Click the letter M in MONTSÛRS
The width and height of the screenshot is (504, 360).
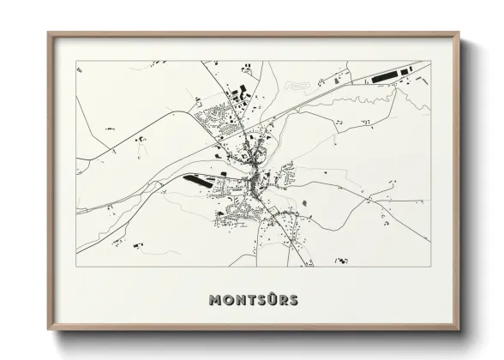214,300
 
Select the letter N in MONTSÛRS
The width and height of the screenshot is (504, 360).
239,300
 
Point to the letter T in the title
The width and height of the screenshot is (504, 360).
250,300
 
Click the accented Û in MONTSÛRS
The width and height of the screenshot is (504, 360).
272,299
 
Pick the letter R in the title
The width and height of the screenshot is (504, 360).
283,300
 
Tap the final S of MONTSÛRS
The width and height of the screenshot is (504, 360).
294,300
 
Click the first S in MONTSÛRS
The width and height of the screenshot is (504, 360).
261,300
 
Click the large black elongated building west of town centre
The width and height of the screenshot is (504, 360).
198,182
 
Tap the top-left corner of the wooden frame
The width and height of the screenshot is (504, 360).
49,34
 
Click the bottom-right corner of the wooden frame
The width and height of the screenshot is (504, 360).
459,330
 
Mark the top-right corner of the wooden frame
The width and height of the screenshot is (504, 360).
459,34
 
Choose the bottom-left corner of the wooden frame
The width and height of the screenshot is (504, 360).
49,330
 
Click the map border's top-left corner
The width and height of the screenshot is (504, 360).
76,61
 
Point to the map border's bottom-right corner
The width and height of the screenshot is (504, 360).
430,265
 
